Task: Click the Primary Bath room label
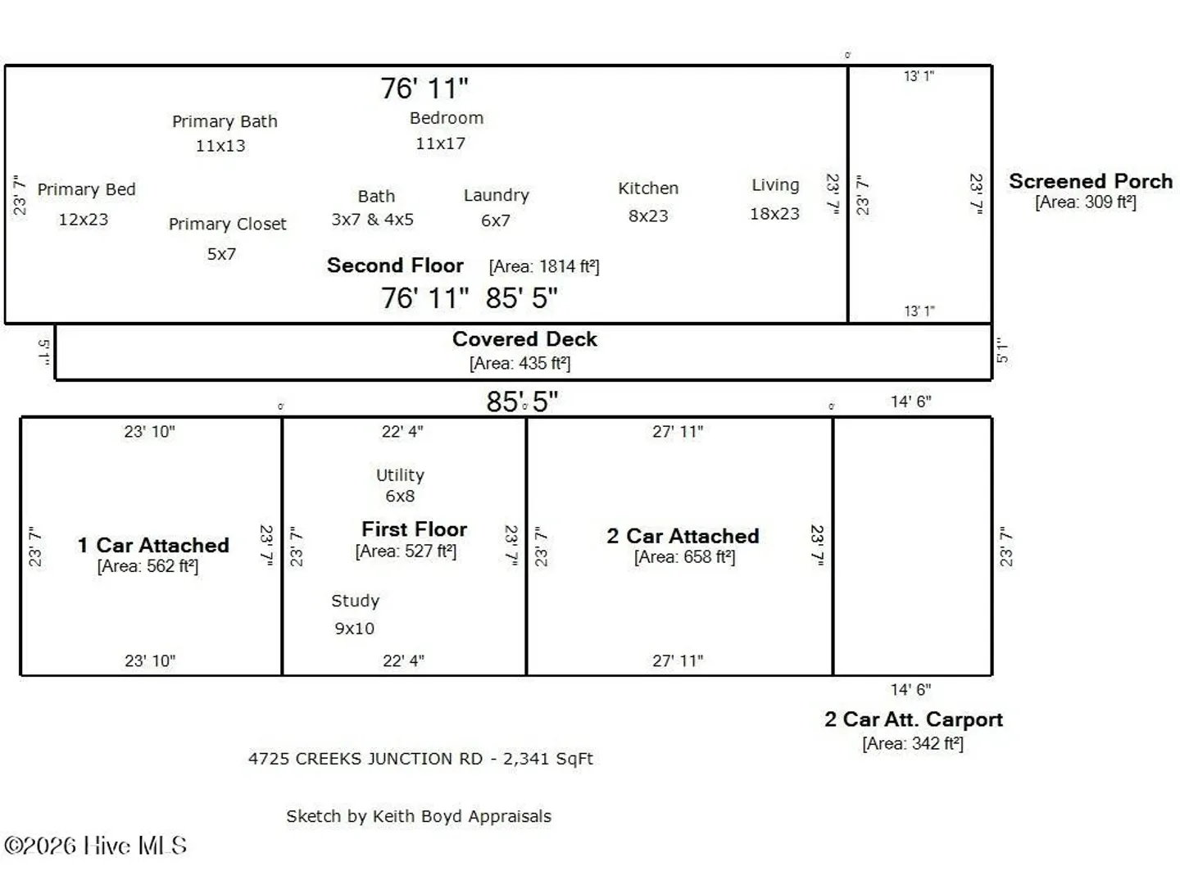(225, 121)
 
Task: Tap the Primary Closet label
(228, 224)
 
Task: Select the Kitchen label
(648, 188)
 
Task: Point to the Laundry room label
(497, 196)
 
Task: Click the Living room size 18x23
(774, 214)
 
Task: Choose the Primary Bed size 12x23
(84, 220)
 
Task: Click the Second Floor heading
(395, 265)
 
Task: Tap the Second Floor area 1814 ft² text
(544, 266)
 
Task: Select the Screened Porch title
(1091, 181)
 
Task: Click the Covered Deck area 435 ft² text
(520, 363)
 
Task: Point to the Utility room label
(400, 475)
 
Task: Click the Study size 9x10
(354, 629)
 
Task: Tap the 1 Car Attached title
(153, 545)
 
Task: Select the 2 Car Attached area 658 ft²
(684, 556)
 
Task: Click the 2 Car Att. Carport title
(914, 719)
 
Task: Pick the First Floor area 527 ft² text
(406, 551)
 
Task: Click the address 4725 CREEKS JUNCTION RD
(365, 759)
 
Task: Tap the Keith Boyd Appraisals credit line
(419, 816)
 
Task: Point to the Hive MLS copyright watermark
(95, 846)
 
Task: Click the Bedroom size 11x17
(440, 143)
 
